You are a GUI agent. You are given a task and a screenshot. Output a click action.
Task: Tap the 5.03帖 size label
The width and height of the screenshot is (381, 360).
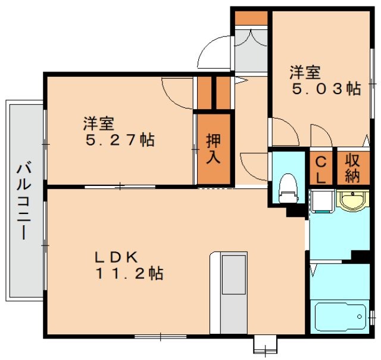pyautogui.click(x=326, y=89)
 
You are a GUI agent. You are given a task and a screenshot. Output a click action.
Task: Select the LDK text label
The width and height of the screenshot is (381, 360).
pyautogui.click(x=117, y=257)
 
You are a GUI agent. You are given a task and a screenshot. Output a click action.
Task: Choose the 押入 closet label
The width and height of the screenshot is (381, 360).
pyautogui.click(x=214, y=149)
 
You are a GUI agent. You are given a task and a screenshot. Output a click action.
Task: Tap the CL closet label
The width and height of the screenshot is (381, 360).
pyautogui.click(x=320, y=169)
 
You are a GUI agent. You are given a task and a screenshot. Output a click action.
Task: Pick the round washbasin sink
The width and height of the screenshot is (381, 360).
pyautogui.click(x=352, y=200)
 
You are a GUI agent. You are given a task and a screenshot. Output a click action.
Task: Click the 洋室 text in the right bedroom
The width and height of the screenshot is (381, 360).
pyautogui.click(x=305, y=73)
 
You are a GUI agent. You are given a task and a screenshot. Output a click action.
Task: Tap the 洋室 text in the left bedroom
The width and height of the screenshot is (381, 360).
pyautogui.click(x=98, y=124)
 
